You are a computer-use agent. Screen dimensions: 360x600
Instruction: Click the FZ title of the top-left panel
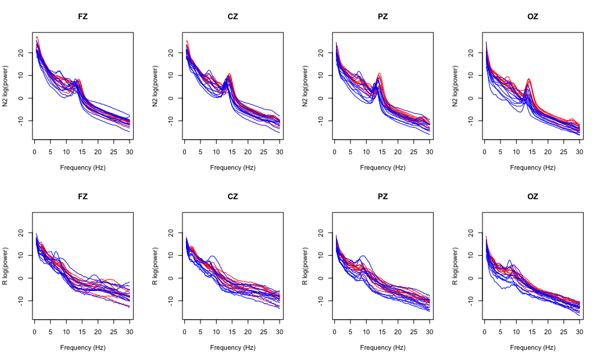(x=83, y=16)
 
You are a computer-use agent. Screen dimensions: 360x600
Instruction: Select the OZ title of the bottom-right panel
(x=533, y=196)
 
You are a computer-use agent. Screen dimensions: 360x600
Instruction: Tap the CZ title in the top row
(x=233, y=16)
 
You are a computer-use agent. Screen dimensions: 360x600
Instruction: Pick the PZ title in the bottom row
(x=383, y=196)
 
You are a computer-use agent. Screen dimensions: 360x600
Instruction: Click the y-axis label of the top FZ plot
(x=6, y=86)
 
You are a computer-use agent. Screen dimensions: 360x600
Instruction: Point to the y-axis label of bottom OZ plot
(x=456, y=266)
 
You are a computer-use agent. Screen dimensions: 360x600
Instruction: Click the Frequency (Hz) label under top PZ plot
(x=383, y=167)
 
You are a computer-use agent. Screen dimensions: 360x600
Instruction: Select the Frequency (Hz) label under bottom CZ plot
(x=233, y=347)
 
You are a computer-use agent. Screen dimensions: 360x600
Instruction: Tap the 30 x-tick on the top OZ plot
(x=580, y=152)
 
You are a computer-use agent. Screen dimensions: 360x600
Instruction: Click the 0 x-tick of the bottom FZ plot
(x=35, y=332)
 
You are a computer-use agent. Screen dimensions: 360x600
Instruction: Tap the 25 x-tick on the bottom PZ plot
(x=414, y=332)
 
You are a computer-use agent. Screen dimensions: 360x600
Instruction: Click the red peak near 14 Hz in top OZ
(x=529, y=79)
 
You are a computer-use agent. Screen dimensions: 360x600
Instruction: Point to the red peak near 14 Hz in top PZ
(x=379, y=74)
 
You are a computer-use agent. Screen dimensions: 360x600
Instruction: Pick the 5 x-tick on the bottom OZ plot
(x=500, y=332)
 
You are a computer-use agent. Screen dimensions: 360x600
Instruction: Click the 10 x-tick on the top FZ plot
(x=67, y=152)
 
